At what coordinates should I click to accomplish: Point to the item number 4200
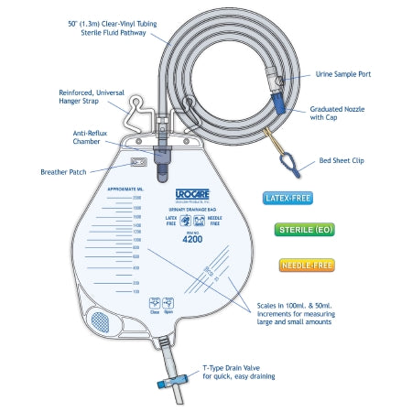click(x=190, y=237)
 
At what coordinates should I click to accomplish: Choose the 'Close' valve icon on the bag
click(x=154, y=304)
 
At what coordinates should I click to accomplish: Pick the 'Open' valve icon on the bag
click(x=169, y=304)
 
